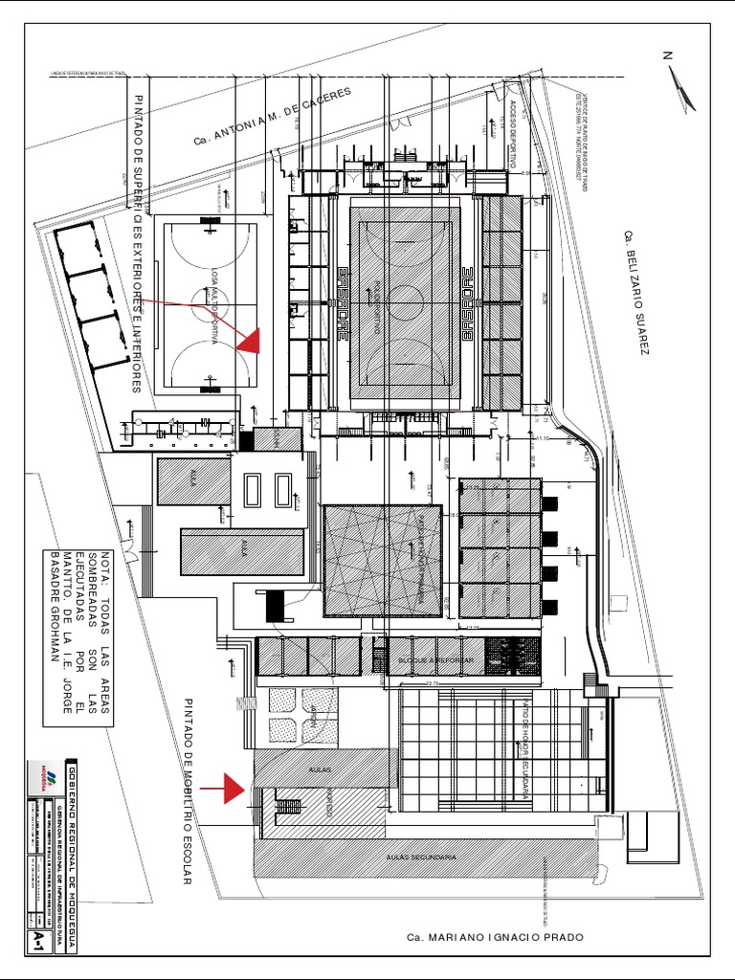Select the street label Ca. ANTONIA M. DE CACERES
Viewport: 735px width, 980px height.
(x=273, y=116)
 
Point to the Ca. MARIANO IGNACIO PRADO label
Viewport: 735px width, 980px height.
(x=495, y=937)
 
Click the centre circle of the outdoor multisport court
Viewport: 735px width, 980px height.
(x=210, y=305)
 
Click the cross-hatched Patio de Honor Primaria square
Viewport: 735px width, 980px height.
(x=383, y=561)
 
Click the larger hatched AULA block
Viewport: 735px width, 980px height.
(x=243, y=552)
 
